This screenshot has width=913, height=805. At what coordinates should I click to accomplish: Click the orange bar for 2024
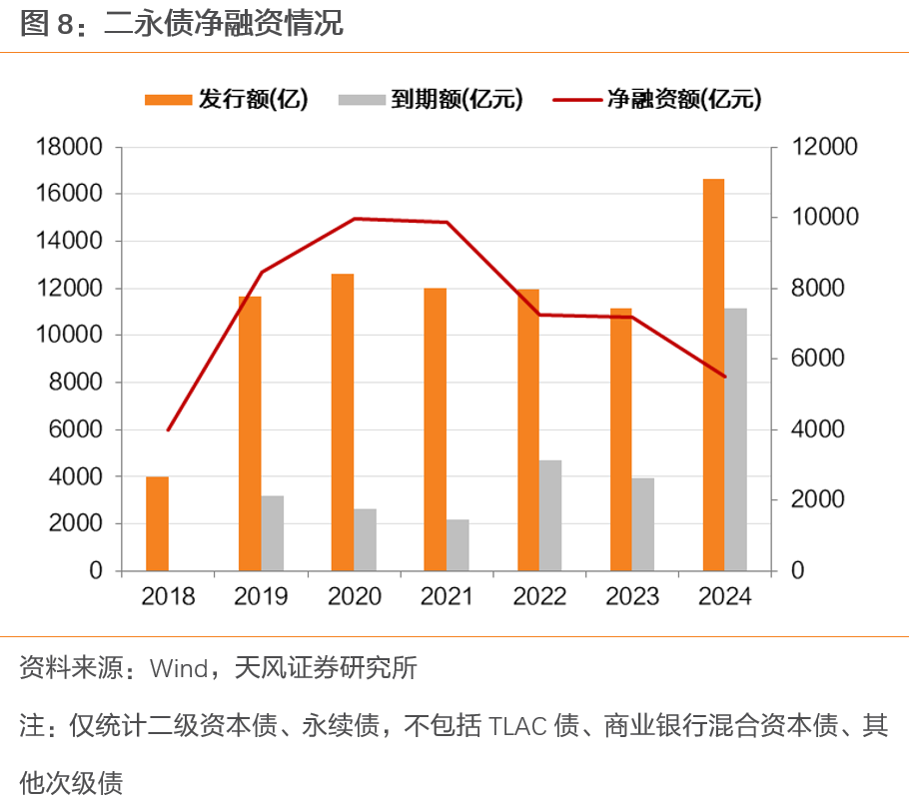(713, 375)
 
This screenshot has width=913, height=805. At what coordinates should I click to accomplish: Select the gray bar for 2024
(736, 439)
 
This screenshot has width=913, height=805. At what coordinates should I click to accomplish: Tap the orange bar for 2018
(157, 523)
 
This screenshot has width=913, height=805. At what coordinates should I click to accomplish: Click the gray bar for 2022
(550, 515)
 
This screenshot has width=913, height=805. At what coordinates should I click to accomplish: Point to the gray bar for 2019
(273, 533)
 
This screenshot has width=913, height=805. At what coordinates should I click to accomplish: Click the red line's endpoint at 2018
(168, 429)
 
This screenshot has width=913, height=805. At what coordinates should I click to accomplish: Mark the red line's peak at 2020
(355, 219)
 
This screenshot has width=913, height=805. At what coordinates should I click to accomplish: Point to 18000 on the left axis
(69, 147)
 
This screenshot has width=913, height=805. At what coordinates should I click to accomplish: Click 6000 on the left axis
(75, 429)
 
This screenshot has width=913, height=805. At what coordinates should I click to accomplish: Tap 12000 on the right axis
(824, 147)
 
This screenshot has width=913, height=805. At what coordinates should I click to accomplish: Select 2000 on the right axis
(818, 500)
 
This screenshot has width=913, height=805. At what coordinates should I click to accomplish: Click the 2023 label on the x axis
(631, 597)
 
